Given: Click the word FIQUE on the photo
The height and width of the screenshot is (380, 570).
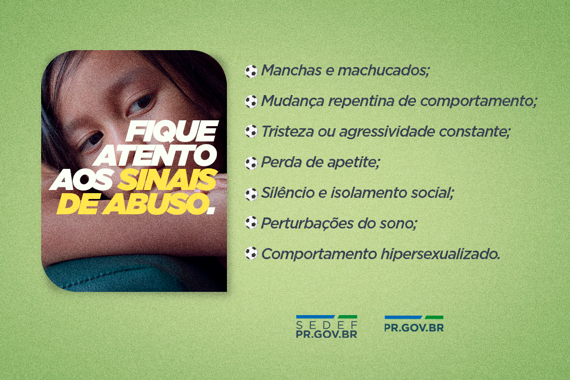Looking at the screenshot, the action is [x=172, y=131].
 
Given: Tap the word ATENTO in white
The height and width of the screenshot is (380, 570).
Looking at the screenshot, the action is [x=157, y=156].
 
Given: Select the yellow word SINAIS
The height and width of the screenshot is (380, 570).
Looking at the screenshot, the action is [x=167, y=179].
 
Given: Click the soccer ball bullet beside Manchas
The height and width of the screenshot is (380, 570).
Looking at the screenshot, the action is [x=251, y=71].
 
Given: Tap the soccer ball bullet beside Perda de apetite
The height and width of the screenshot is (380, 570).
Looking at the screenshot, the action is [x=251, y=163].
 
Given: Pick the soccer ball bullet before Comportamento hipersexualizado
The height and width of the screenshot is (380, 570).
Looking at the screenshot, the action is [x=251, y=253].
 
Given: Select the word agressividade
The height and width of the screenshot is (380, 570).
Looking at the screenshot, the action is [x=387, y=132].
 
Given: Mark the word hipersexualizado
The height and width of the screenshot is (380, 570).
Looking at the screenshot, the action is [x=440, y=254].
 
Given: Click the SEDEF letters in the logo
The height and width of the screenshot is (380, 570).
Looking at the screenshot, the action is [x=327, y=325].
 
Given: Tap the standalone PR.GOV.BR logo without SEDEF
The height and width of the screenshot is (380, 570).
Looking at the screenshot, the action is [x=414, y=324].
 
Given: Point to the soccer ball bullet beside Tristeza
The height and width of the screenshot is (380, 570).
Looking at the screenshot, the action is [x=251, y=131].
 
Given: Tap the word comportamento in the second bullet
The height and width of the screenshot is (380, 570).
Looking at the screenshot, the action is [x=478, y=101].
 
